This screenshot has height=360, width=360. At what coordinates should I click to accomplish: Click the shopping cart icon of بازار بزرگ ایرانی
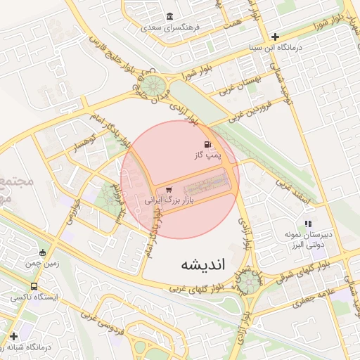coord(169,189)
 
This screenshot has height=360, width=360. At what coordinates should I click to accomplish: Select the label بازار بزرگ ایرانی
coord(169,200)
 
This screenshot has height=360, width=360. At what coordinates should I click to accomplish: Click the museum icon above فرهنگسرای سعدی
coord(169,17)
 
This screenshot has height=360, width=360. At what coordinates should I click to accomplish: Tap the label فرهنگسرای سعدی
coord(170,28)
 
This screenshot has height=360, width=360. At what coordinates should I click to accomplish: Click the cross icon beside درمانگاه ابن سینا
coord(275,37)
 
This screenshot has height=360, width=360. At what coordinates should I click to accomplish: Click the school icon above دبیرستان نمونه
coord(308,223)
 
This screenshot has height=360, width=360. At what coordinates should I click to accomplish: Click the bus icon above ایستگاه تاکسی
coord(34,287)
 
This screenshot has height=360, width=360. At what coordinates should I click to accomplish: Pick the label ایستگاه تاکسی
coord(34,297)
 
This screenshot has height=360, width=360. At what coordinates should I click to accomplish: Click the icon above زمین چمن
coord(42,252)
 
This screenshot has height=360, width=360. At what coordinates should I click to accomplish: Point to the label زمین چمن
coord(42,263)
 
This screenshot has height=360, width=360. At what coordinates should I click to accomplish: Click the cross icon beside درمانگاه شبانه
coord(14,336)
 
